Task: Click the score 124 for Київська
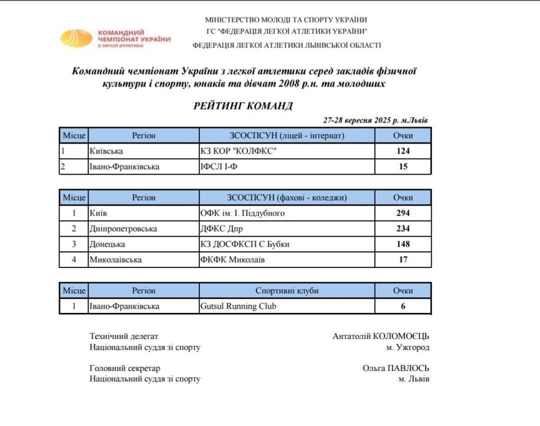click(x=403, y=151)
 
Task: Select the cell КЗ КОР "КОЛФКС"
click(x=238, y=151)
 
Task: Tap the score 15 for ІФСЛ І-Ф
click(x=403, y=167)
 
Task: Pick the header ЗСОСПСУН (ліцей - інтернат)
click(x=286, y=135)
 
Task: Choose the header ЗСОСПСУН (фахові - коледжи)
click(x=286, y=198)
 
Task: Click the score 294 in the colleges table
click(x=403, y=213)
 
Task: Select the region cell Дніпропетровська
click(x=122, y=228)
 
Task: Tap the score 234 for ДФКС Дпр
click(x=403, y=228)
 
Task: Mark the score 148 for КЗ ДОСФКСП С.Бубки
click(x=403, y=244)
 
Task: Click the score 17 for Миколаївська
click(x=403, y=259)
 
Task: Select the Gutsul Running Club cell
click(x=238, y=306)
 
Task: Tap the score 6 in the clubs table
click(x=403, y=306)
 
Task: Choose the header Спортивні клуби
click(x=286, y=291)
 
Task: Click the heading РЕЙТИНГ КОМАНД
click(x=242, y=106)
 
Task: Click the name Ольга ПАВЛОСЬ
click(x=396, y=367)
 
